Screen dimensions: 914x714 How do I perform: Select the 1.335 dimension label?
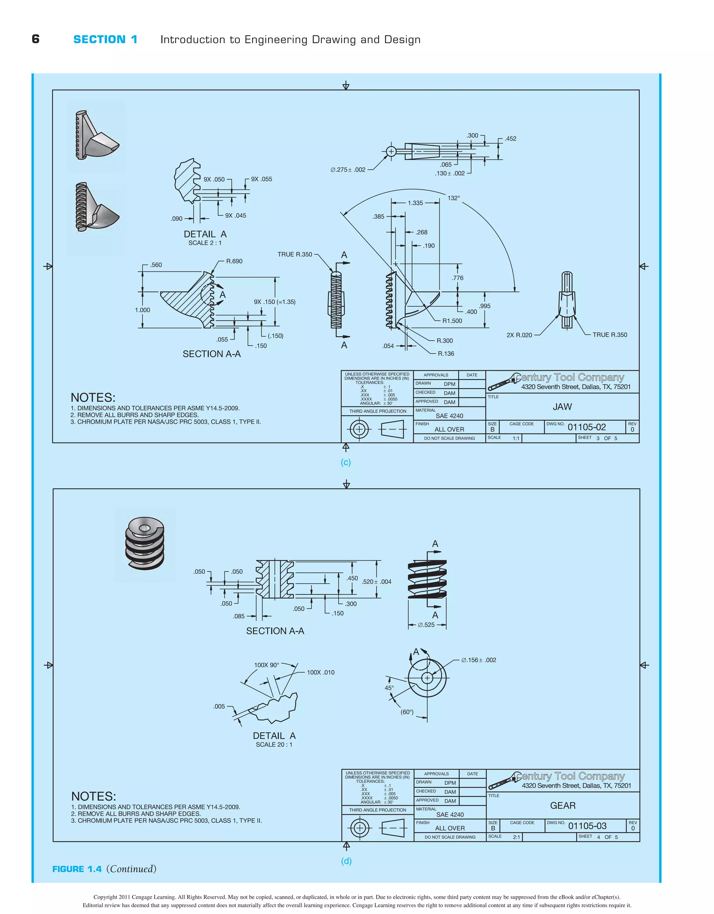(x=415, y=203)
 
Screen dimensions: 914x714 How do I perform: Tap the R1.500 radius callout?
(x=452, y=321)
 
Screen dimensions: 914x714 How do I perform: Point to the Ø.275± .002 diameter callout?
(x=348, y=170)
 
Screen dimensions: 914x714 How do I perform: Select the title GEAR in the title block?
(x=563, y=806)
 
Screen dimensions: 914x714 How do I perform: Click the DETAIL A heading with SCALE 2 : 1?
(x=205, y=234)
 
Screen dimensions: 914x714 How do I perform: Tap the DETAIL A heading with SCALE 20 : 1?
(x=274, y=736)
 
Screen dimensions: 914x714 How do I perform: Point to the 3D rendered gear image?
(x=145, y=544)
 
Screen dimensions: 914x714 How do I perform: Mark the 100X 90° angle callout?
(x=266, y=665)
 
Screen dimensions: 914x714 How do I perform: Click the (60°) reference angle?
(x=407, y=712)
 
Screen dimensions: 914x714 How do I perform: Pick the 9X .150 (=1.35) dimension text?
(x=274, y=302)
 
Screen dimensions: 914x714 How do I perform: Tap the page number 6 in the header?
(x=36, y=39)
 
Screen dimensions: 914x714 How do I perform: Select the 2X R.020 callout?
(x=519, y=335)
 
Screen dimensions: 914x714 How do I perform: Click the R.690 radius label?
(x=234, y=261)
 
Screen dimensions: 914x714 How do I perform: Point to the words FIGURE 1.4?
(x=77, y=869)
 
